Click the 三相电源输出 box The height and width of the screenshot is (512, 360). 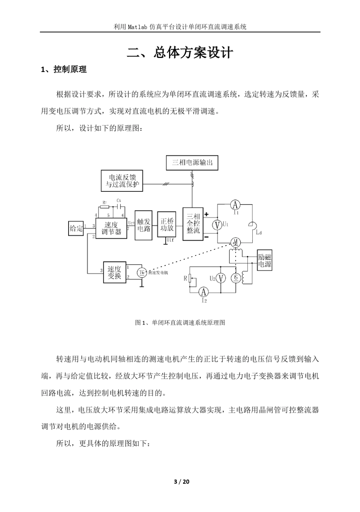192,163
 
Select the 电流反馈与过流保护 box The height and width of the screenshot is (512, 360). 122,181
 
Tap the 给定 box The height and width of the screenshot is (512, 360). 76,228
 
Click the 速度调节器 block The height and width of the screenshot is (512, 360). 111,228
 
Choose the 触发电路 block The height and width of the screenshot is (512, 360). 144,225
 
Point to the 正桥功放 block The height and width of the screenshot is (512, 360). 167,224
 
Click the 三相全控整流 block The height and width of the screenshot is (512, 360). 193,224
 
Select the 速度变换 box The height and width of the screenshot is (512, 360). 114,272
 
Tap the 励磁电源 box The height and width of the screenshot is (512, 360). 265,260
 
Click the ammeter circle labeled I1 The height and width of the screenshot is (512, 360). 235,205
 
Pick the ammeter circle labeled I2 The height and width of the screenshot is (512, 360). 204,292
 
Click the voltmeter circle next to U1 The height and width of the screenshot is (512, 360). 217,225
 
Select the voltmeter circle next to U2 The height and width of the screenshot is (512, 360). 221,279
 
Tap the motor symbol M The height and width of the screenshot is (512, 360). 235,242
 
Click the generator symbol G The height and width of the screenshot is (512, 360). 236,279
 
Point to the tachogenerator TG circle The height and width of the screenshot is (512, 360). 141,272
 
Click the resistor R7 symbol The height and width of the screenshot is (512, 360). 105,207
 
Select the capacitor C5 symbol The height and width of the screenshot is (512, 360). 119,207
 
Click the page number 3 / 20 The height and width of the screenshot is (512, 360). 182,482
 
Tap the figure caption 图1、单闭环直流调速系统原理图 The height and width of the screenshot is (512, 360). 180,323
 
